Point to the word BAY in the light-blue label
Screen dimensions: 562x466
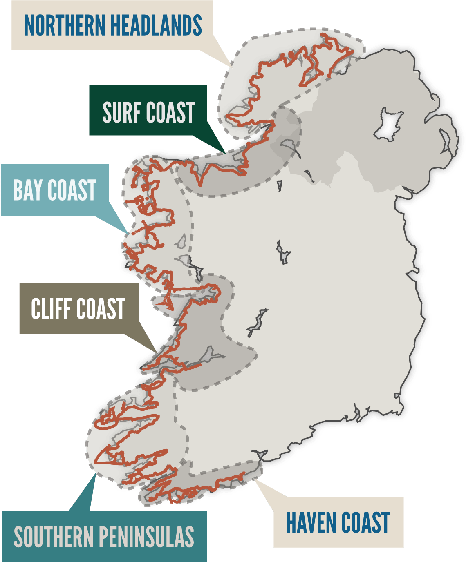[28, 190]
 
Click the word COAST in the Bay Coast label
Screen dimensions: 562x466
[72, 190]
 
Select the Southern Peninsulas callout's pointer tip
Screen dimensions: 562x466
[95, 474]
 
